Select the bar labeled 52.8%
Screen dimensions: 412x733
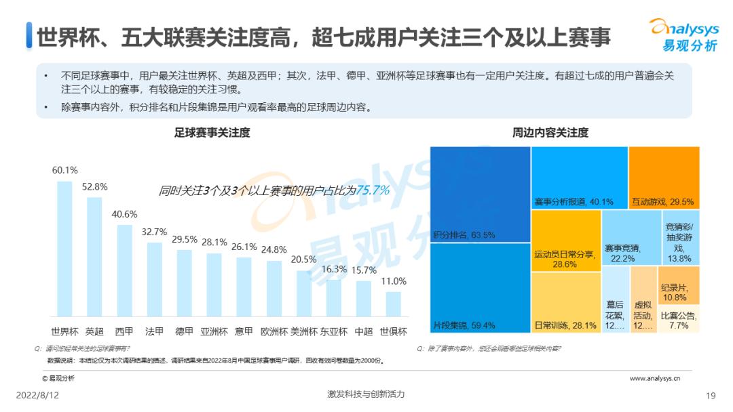click(94, 257)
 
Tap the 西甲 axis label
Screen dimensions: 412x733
click(124, 332)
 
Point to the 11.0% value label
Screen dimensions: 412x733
click(393, 281)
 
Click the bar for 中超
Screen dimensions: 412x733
click(364, 299)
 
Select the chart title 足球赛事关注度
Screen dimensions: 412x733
click(212, 133)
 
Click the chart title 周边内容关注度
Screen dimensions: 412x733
click(550, 133)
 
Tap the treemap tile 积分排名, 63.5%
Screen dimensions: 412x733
click(480, 194)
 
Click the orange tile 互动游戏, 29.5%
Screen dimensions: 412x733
click(664, 177)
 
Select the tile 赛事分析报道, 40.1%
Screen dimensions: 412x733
click(579, 177)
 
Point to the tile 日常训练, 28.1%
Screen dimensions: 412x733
click(565, 302)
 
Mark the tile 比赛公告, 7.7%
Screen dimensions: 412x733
click(678, 319)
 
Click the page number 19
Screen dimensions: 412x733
click(711, 396)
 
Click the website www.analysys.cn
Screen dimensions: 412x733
click(654, 379)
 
